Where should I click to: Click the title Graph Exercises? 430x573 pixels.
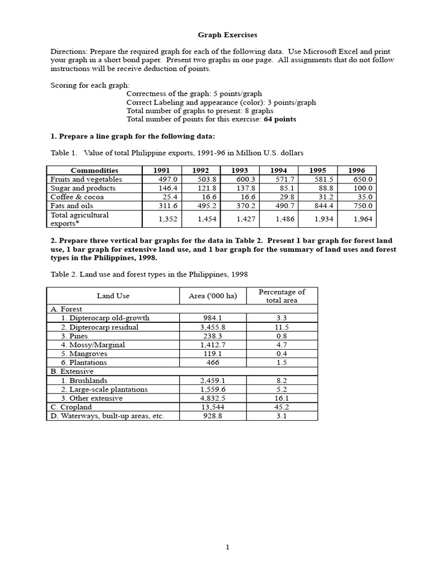[227, 35]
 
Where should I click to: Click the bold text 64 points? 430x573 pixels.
[280, 119]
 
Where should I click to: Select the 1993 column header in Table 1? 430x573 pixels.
[240, 170]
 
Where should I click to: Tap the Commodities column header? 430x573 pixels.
[95, 170]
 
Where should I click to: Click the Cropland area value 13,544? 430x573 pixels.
[209, 407]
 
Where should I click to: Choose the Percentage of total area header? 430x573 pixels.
[282, 296]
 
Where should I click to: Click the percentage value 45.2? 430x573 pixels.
[282, 407]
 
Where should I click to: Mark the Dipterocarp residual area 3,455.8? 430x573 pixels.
[209, 327]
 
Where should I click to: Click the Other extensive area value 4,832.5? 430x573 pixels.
[209, 398]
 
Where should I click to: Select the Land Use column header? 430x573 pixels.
[113, 296]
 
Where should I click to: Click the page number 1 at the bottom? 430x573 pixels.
[227, 547]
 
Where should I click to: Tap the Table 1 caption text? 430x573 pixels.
[177, 153]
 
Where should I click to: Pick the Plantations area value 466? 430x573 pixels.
[209, 363]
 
